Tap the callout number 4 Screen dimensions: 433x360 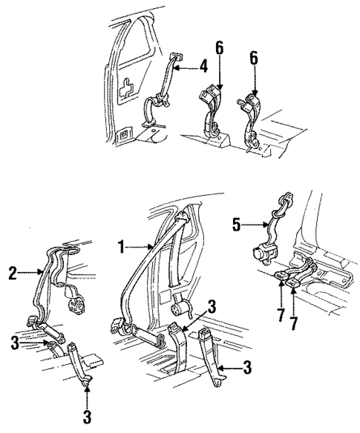click(x=203, y=68)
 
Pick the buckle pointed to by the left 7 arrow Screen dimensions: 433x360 click(x=283, y=278)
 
